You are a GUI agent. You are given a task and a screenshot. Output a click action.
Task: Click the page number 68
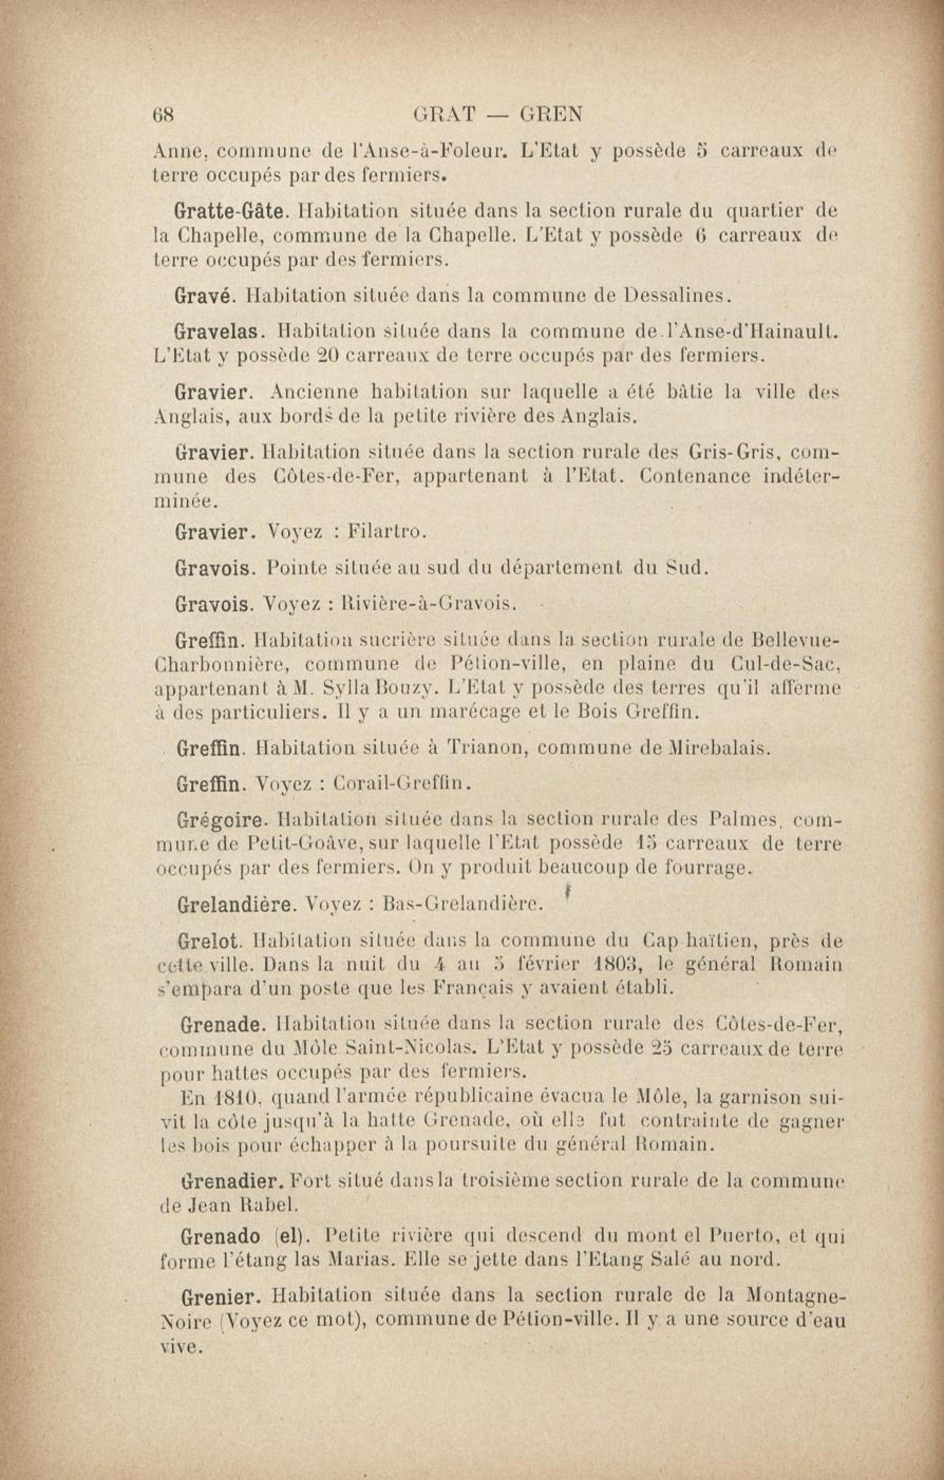(x=164, y=115)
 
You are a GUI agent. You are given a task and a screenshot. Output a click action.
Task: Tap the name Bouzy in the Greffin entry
(x=400, y=688)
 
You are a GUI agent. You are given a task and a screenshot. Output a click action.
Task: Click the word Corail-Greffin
(x=402, y=784)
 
